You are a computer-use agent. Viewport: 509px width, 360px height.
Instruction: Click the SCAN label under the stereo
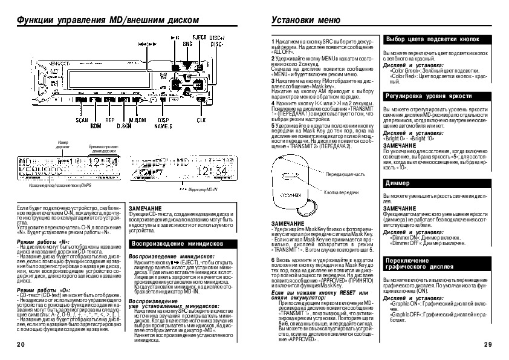(82, 120)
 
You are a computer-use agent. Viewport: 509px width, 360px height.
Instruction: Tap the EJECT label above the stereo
(199, 38)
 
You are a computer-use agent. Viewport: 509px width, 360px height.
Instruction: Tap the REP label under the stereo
(110, 120)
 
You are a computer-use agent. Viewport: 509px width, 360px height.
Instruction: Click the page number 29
(488, 344)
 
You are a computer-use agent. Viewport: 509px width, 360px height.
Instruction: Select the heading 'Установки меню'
(302, 19)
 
